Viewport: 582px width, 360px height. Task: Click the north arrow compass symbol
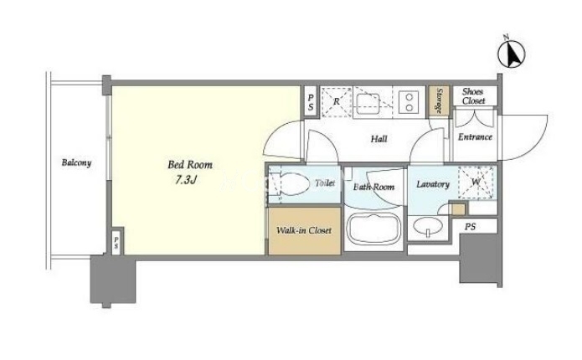pyautogui.click(x=511, y=54)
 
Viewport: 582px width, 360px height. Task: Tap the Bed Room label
pyautogui.click(x=190, y=165)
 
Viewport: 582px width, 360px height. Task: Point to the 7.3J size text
pyautogui.click(x=186, y=180)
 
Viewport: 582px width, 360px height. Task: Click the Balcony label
pyautogui.click(x=76, y=162)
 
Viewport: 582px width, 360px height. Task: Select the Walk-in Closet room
pyautogui.click(x=304, y=231)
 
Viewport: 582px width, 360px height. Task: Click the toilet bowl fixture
pyautogui.click(x=291, y=183)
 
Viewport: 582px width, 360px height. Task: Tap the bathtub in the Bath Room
pyautogui.click(x=373, y=229)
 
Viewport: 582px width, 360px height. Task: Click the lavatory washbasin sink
pyautogui.click(x=428, y=225)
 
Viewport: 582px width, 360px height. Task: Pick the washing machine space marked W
pyautogui.click(x=476, y=183)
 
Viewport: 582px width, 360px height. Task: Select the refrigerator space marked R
pyautogui.click(x=337, y=101)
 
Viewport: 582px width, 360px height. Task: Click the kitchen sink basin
pyautogui.click(x=368, y=104)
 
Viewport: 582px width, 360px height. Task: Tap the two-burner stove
pyautogui.click(x=409, y=102)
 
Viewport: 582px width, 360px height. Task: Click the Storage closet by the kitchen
pyautogui.click(x=439, y=101)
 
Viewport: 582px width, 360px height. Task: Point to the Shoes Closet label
pyautogui.click(x=474, y=96)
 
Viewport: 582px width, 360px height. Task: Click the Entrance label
pyautogui.click(x=475, y=137)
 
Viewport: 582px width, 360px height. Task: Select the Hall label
pyautogui.click(x=379, y=139)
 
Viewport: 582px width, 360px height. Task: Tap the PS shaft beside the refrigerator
pyautogui.click(x=311, y=102)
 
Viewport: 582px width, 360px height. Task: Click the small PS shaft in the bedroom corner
pyautogui.click(x=116, y=242)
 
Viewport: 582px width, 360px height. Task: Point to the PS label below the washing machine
pyautogui.click(x=470, y=227)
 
